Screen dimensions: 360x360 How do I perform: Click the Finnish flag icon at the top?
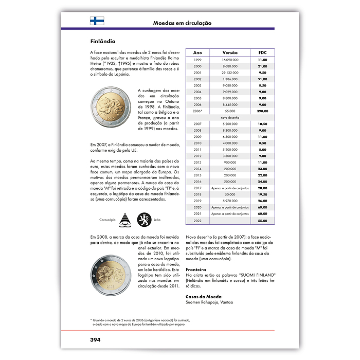click(97, 21)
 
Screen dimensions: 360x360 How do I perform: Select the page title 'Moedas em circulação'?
click(182, 23)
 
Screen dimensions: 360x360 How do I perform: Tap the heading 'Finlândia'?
click(102, 41)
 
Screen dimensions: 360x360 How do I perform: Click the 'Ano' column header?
click(197, 52)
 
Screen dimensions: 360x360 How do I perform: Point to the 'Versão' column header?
click(230, 52)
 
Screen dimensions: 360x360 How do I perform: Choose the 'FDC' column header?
click(262, 52)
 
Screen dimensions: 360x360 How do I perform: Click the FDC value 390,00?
click(262, 111)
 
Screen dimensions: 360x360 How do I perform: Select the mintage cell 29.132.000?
click(230, 73)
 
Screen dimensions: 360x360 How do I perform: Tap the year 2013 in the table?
click(197, 162)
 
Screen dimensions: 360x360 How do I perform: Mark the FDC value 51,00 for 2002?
click(262, 79)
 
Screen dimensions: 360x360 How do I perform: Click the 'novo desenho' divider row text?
click(230, 117)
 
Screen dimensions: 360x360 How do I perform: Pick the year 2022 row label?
click(197, 220)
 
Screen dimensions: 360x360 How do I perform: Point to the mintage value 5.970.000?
click(230, 201)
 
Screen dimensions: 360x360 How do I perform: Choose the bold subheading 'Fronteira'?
click(196, 269)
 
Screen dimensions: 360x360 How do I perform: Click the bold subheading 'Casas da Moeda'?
click(202, 296)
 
